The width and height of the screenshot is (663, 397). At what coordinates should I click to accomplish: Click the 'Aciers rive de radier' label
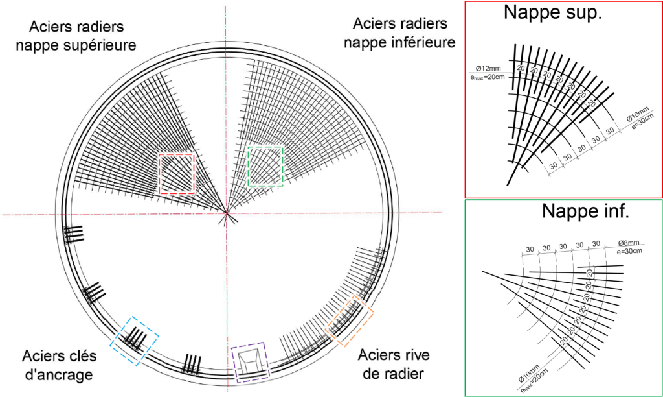392,364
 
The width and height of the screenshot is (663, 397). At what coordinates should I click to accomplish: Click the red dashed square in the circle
177,173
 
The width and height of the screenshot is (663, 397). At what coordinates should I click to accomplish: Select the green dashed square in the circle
265,166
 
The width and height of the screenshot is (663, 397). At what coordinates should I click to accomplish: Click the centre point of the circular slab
225,213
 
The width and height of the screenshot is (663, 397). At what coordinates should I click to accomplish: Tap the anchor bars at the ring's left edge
74,233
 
